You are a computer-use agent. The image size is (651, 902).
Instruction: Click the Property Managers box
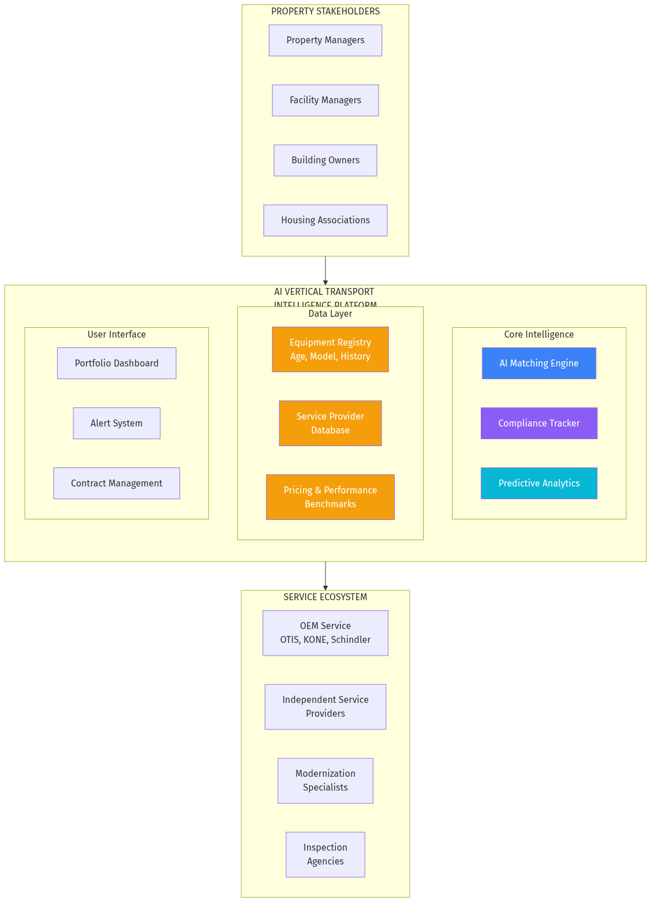(x=325, y=40)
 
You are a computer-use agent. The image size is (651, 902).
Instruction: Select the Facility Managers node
(x=325, y=100)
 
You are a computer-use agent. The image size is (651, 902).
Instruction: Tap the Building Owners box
(x=325, y=160)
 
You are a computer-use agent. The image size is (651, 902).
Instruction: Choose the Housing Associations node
(x=325, y=220)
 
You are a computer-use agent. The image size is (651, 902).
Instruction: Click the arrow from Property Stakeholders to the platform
(x=325, y=271)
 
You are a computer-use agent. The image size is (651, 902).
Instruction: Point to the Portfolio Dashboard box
(x=117, y=364)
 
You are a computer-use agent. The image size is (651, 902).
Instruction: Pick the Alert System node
(x=117, y=424)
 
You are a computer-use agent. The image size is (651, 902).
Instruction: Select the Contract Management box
(x=117, y=484)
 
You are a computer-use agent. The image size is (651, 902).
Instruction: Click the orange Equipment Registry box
(x=330, y=350)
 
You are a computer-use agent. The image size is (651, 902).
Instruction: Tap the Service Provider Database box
(x=330, y=424)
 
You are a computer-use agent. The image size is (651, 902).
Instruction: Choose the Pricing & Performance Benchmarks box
(x=330, y=497)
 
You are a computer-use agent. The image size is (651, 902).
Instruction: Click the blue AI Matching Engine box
(x=538, y=364)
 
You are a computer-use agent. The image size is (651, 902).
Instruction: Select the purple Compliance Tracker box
(x=538, y=424)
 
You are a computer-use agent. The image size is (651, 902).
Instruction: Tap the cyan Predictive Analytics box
(x=538, y=484)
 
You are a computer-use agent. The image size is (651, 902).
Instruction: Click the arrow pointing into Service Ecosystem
(x=325, y=576)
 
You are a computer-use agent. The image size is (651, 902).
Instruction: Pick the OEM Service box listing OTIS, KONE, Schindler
(x=325, y=633)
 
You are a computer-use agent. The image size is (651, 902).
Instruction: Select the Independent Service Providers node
(x=325, y=707)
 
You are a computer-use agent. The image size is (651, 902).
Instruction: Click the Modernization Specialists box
(x=325, y=781)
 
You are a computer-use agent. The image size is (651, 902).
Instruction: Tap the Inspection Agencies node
(x=325, y=855)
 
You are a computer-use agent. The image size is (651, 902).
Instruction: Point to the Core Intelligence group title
(x=538, y=335)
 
